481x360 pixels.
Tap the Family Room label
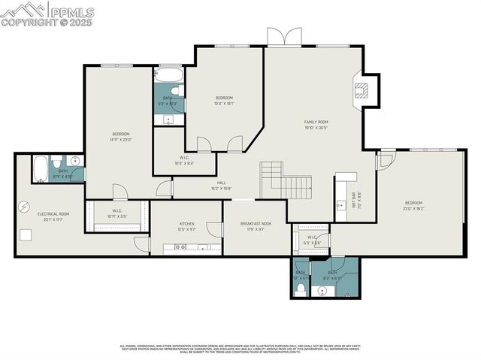point(316,122)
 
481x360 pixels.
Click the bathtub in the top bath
point(168,76)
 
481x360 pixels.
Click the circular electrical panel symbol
point(25,206)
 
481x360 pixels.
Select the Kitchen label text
point(186,223)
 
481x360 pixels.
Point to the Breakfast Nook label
point(256,223)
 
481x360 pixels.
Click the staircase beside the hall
point(286,183)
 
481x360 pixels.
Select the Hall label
point(222,183)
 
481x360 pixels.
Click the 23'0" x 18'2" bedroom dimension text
point(414,209)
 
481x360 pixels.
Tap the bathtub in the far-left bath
point(41,168)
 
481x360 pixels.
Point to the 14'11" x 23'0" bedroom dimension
point(121,140)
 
